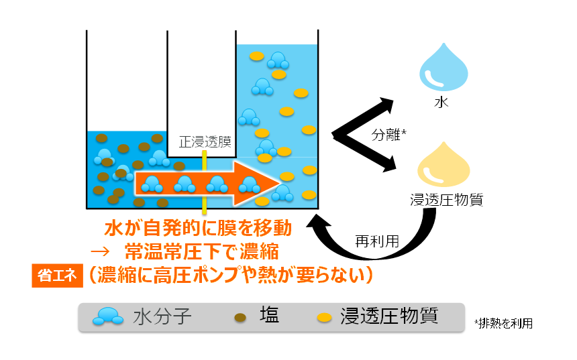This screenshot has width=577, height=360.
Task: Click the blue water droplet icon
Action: tap(443, 69)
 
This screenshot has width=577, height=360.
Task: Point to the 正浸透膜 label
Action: tap(205, 142)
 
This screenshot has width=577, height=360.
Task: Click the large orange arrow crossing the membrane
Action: tap(208, 182)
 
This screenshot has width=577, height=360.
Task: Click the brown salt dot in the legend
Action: tap(239, 316)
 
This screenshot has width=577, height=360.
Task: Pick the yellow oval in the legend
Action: tap(325, 316)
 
